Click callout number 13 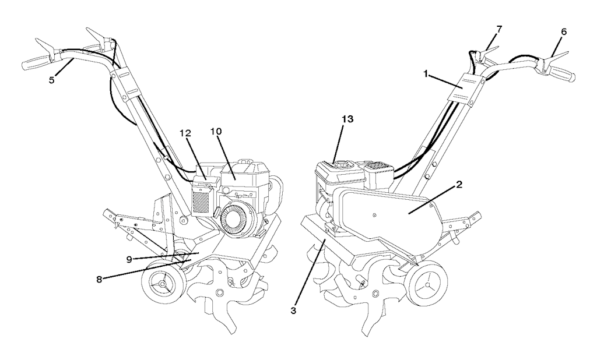tap(347, 119)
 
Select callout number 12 tap(186, 133)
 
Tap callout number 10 tap(216, 131)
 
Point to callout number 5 tap(51, 80)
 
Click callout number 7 tap(499, 29)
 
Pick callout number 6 tap(564, 32)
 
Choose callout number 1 tap(426, 74)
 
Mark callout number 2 tap(459, 185)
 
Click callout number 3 tap(293, 310)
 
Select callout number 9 tap(129, 259)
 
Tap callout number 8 tap(99, 280)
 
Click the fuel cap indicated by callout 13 tap(344, 165)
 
